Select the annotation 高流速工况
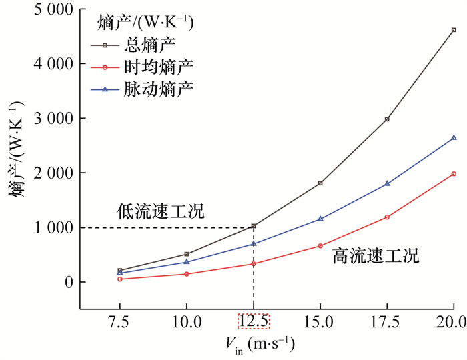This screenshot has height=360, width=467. click(x=376, y=256)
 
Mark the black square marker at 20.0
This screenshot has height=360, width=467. click(x=454, y=30)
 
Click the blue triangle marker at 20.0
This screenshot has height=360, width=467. click(x=454, y=137)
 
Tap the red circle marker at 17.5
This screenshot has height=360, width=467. click(x=387, y=217)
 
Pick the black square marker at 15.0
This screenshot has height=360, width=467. click(x=320, y=183)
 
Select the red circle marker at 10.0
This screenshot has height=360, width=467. click(x=187, y=274)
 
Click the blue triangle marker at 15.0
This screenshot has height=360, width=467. click(x=320, y=219)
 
